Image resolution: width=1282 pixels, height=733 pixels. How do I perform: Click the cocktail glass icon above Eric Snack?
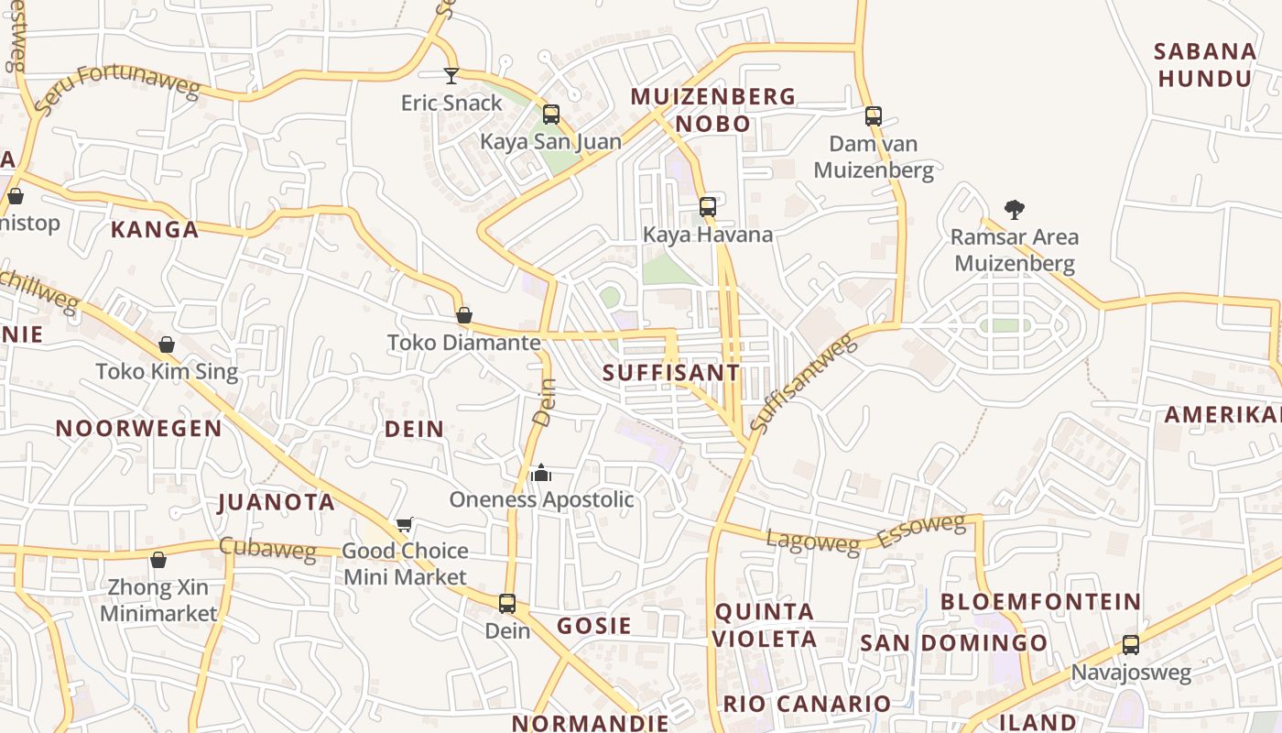tap(451, 75)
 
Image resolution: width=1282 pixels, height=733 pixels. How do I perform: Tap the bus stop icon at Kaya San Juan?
tap(551, 115)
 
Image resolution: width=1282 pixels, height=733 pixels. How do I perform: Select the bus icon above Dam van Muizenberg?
tap(874, 116)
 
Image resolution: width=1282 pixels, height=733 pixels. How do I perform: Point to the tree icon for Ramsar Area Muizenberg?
tap(1014, 210)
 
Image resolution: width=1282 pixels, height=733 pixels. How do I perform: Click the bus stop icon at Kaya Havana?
tap(708, 207)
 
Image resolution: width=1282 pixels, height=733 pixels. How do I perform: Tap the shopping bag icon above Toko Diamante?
tap(464, 315)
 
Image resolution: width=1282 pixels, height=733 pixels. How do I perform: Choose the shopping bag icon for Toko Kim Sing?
tap(167, 345)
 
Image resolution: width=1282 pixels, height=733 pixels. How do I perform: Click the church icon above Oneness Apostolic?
tap(541, 473)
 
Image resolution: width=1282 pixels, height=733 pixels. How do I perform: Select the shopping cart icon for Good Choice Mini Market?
tap(404, 525)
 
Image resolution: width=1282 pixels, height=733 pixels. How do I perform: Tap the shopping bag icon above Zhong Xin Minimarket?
tap(158, 559)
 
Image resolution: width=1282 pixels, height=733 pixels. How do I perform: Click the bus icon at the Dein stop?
tap(507, 604)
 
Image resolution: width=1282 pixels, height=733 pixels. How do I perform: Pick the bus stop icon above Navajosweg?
tap(1131, 645)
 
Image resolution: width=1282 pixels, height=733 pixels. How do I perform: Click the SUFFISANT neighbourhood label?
tap(671, 373)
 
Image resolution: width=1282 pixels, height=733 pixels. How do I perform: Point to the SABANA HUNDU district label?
tap(1204, 65)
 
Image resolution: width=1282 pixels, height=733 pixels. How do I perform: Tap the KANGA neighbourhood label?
tap(155, 230)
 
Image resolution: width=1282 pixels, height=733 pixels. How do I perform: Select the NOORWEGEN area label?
tap(139, 429)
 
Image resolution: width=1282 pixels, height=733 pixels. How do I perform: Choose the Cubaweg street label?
tap(267, 548)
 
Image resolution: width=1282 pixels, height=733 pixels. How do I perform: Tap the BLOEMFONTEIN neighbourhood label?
tap(1041, 602)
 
